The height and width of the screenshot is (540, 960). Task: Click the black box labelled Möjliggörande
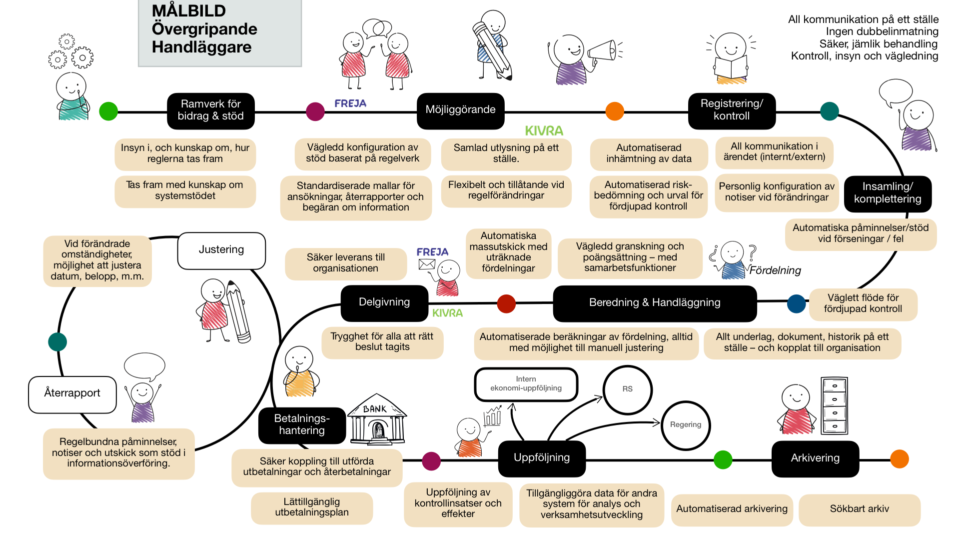coord(460,110)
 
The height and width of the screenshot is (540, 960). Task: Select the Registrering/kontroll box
coord(732,110)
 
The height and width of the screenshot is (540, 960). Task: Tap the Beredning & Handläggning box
coord(655,302)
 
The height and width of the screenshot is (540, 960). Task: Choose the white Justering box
coord(221,250)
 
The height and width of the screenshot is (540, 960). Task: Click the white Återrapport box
coord(72,393)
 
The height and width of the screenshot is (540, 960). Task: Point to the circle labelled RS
coord(627,389)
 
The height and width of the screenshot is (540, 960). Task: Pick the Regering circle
coord(686,425)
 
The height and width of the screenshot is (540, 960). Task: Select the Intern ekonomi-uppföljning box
coord(526,384)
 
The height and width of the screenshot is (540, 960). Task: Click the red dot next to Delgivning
coord(506,303)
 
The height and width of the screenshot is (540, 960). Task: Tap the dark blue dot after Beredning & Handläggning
coord(796,303)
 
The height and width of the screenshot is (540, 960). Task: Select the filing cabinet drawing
coord(834,405)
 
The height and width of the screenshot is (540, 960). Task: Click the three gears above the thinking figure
coord(70,52)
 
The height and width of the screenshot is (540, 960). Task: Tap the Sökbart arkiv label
coord(860,509)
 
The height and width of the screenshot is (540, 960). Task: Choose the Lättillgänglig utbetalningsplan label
coord(312,507)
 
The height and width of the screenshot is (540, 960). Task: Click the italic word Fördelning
coord(775,270)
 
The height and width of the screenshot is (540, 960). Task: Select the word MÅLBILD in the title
coord(189,11)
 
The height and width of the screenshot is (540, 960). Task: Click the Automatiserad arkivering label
coord(732,509)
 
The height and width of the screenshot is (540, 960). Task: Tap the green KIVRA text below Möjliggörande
coord(544,131)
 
